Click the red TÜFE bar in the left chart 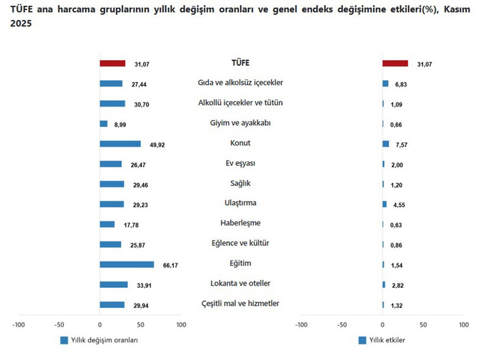pos(113,64)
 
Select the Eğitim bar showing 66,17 pos(127,264)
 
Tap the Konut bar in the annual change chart pos(120,144)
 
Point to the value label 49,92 pos(157,145)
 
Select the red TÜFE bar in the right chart pos(395,64)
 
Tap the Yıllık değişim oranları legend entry pos(100,340)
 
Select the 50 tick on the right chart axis pos(423,325)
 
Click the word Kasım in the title pos(458,10)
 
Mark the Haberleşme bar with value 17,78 pos(107,224)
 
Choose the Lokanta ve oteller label pos(240,283)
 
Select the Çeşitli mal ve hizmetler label pos(240,303)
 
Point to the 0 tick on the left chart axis pos(99,325)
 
